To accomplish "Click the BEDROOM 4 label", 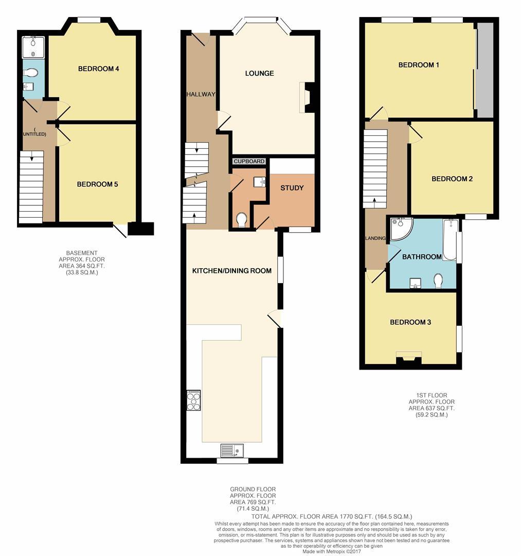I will click(x=99, y=68).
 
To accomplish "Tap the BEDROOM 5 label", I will click(x=97, y=184).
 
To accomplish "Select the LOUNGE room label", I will click(x=259, y=73).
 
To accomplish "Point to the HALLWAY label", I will click(x=201, y=94).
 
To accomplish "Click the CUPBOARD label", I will click(x=249, y=161).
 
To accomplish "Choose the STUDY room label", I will click(x=292, y=188).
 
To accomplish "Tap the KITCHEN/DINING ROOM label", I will click(x=231, y=270).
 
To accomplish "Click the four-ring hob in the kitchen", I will click(x=194, y=400).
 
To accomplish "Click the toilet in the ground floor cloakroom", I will click(x=241, y=220).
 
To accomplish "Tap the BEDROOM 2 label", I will click(x=452, y=179).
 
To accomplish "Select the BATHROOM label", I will click(x=422, y=256).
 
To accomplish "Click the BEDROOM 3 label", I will click(x=410, y=322).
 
